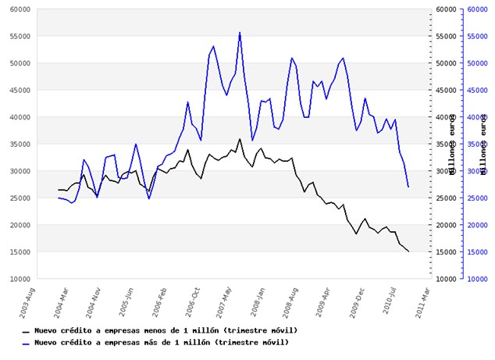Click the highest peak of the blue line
tap(240, 32)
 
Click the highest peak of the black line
tap(240, 139)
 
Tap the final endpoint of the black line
tap(408, 251)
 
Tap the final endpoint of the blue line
tap(408, 187)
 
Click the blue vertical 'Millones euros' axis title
tap(484, 144)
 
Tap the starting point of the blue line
tap(59, 198)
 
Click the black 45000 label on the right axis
tap(443, 91)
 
